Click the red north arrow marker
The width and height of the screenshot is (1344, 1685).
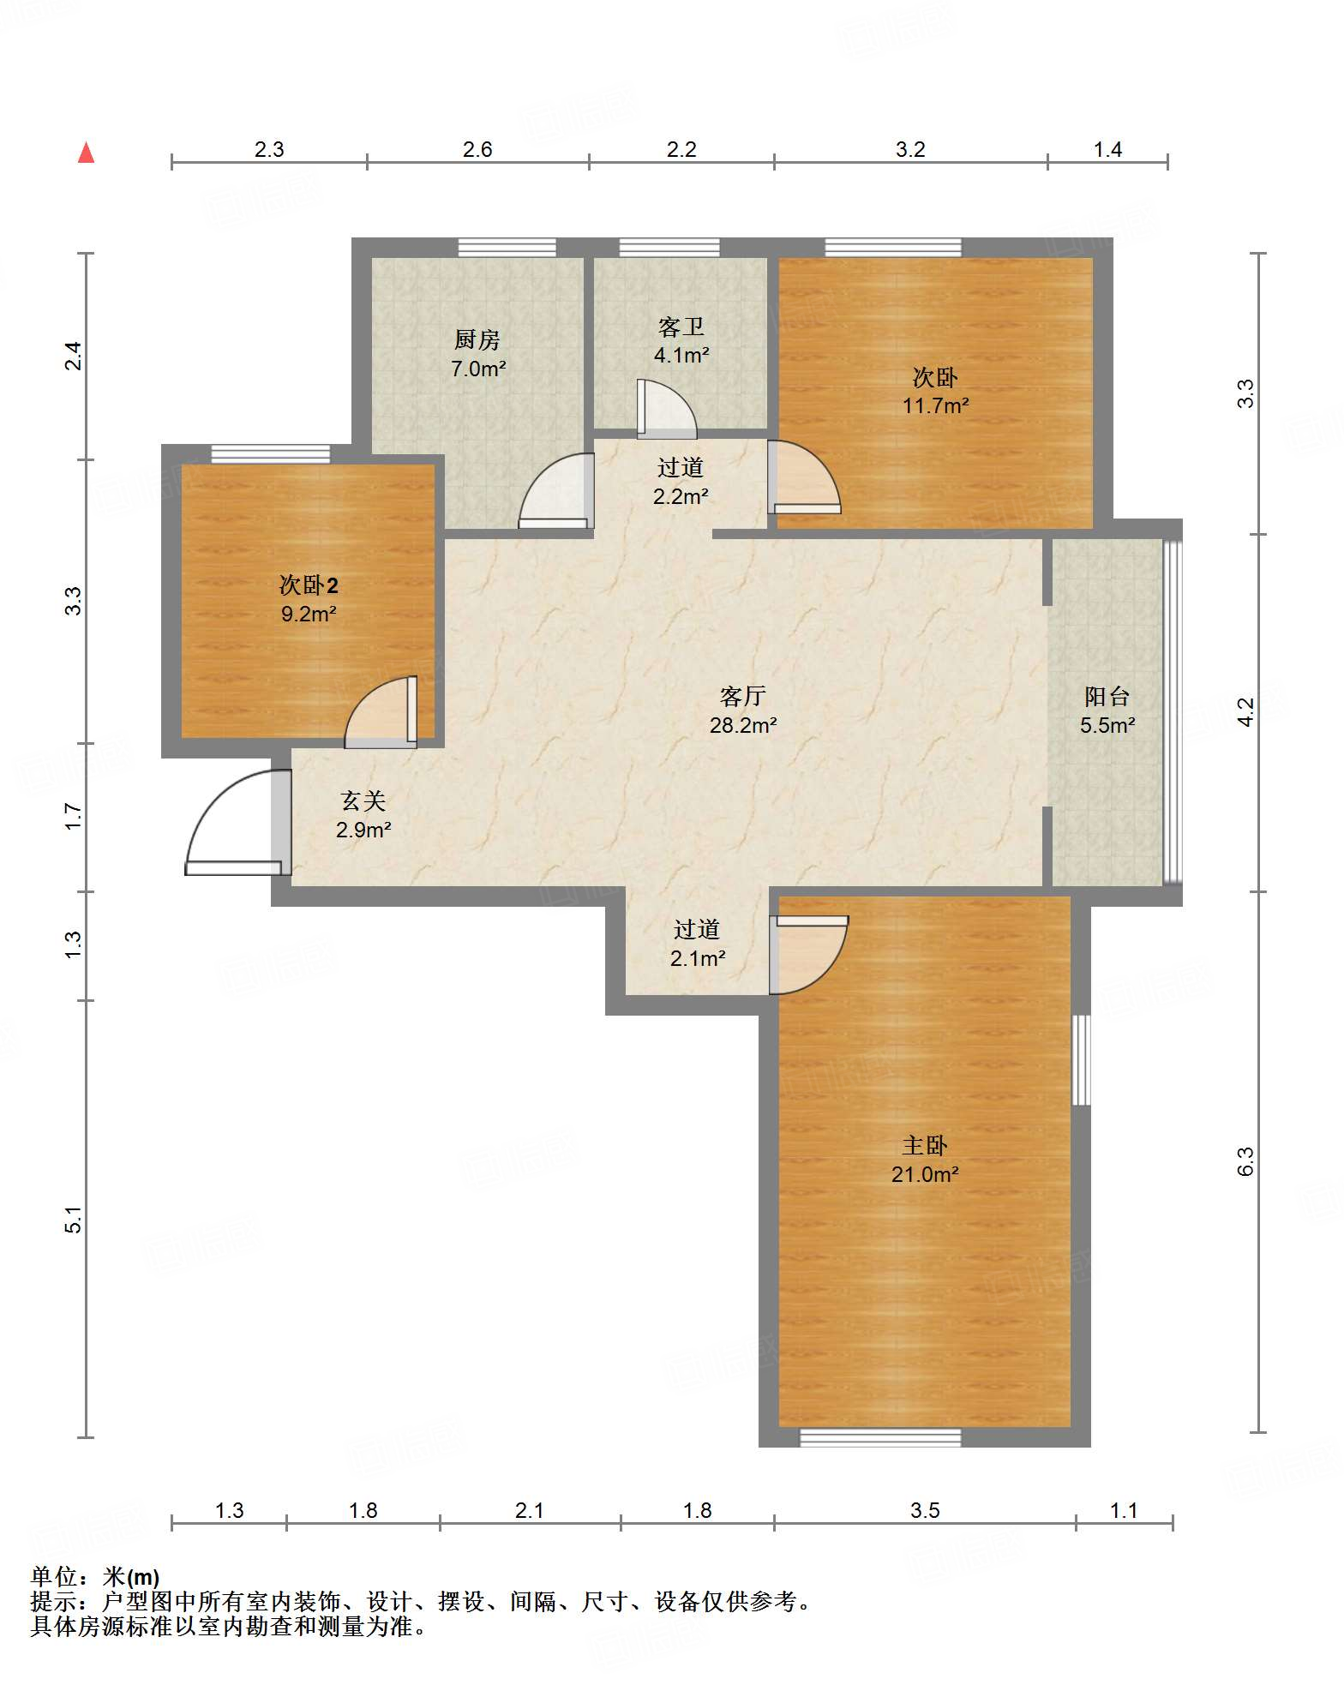coord(86,153)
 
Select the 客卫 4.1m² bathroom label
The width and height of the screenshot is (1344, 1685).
coord(681,340)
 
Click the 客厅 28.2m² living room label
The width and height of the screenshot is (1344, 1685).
coord(743,711)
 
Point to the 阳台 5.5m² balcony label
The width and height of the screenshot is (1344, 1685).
coord(1107,711)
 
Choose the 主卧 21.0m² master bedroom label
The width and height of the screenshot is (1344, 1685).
coord(925,1160)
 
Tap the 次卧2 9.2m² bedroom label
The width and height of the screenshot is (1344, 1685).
coord(309,599)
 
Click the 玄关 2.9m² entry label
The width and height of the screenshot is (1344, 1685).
coord(363,815)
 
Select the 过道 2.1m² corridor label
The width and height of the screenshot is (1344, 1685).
coord(697,944)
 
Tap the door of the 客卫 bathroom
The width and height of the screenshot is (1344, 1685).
coord(666,409)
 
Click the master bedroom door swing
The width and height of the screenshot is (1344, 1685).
coord(808,955)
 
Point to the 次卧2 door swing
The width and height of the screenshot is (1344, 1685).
coord(381,712)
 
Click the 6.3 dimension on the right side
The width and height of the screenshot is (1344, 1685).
coord(1245,1161)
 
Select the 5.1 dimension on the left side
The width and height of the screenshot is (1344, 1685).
coord(74,1219)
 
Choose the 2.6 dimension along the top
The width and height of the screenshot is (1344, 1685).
coord(477,150)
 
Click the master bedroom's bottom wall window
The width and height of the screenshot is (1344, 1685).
coord(880,1437)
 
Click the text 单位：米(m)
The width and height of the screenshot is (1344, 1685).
coord(95,1577)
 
